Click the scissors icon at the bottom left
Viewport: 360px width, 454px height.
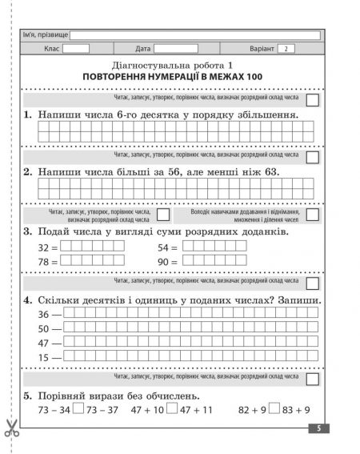coord(11,428)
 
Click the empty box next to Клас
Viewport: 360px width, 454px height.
coord(75,49)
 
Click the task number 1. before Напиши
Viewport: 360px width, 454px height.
coord(28,115)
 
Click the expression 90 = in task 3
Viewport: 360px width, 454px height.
coord(169,262)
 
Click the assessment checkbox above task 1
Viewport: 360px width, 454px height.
coord(312,99)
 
